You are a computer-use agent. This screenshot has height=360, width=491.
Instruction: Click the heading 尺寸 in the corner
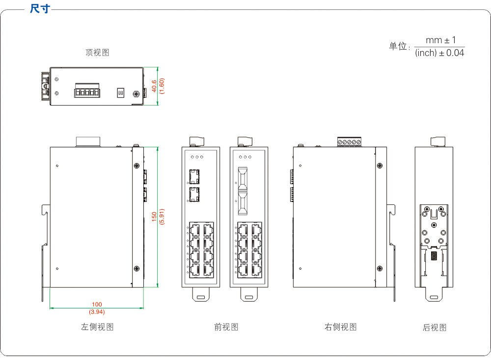pos(40,9)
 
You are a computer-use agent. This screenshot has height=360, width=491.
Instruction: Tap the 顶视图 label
pos(97,53)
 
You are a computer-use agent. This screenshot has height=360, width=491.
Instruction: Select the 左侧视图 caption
pos(97,327)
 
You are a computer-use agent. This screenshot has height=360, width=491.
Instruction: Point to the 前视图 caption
pos(226,327)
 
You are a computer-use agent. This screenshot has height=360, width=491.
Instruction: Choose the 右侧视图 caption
pos(341,327)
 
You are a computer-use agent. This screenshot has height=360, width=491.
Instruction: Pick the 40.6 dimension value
pos(154,86)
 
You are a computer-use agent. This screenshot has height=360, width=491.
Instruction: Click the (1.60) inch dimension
pos(162,86)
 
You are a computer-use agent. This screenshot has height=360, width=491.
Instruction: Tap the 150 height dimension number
pos(154,217)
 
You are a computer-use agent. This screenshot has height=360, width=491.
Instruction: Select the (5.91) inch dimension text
pos(162,217)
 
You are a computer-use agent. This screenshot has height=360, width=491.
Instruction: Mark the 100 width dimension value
pos(97,305)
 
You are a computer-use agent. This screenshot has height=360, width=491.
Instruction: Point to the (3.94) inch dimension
pos(97,312)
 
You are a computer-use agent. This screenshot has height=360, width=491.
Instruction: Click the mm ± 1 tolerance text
pos(440,40)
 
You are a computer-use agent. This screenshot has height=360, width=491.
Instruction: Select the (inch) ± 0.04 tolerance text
pos(439,53)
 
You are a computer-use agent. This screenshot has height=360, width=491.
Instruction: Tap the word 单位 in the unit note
pos(399,47)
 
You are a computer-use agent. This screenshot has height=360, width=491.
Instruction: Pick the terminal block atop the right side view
pos(350,142)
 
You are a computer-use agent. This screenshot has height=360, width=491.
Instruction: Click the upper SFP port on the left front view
pos(194,176)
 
